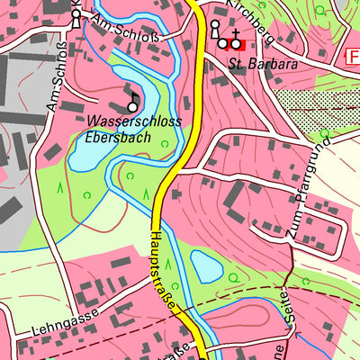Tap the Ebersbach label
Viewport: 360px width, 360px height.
click(118, 139)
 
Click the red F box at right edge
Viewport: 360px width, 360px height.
click(352, 56)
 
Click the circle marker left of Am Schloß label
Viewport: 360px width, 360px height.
click(76, 14)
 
